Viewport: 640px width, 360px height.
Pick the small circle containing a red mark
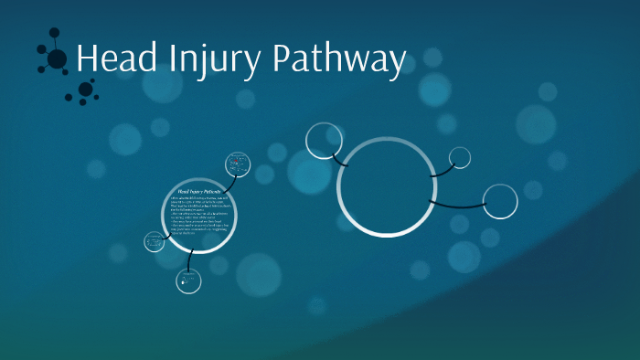click(238, 164)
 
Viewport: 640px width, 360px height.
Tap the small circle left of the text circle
click(154, 242)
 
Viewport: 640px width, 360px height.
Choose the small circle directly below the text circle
click(188, 281)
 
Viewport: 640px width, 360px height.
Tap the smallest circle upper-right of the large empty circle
click(460, 157)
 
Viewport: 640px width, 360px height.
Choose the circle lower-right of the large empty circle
click(499, 201)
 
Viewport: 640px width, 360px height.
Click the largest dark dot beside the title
click(57, 59)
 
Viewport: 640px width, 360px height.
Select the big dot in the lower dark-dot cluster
click(85, 89)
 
